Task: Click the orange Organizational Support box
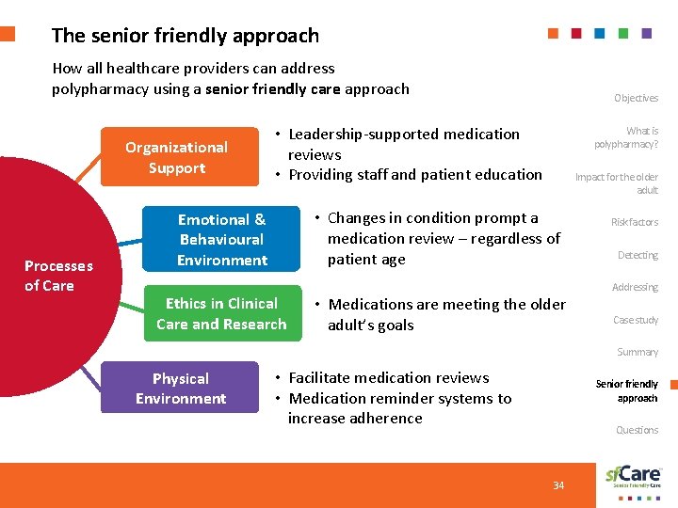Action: [177, 157]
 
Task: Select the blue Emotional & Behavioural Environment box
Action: [221, 239]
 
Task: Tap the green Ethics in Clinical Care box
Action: [221, 313]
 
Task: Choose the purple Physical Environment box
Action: [180, 388]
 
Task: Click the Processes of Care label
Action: [57, 276]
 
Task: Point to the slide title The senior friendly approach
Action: [186, 36]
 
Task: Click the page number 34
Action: [558, 485]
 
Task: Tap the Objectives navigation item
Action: [636, 98]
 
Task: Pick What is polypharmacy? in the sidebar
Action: [627, 137]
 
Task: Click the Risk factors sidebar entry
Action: [635, 223]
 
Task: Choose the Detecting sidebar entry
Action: [638, 255]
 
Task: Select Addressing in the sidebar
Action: [635, 287]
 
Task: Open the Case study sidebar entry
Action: [635, 320]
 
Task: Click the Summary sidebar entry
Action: [637, 352]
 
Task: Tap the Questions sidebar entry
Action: [637, 430]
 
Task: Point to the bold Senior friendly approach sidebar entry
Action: [627, 390]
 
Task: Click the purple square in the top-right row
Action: [646, 33]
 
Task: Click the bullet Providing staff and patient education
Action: [414, 174]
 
